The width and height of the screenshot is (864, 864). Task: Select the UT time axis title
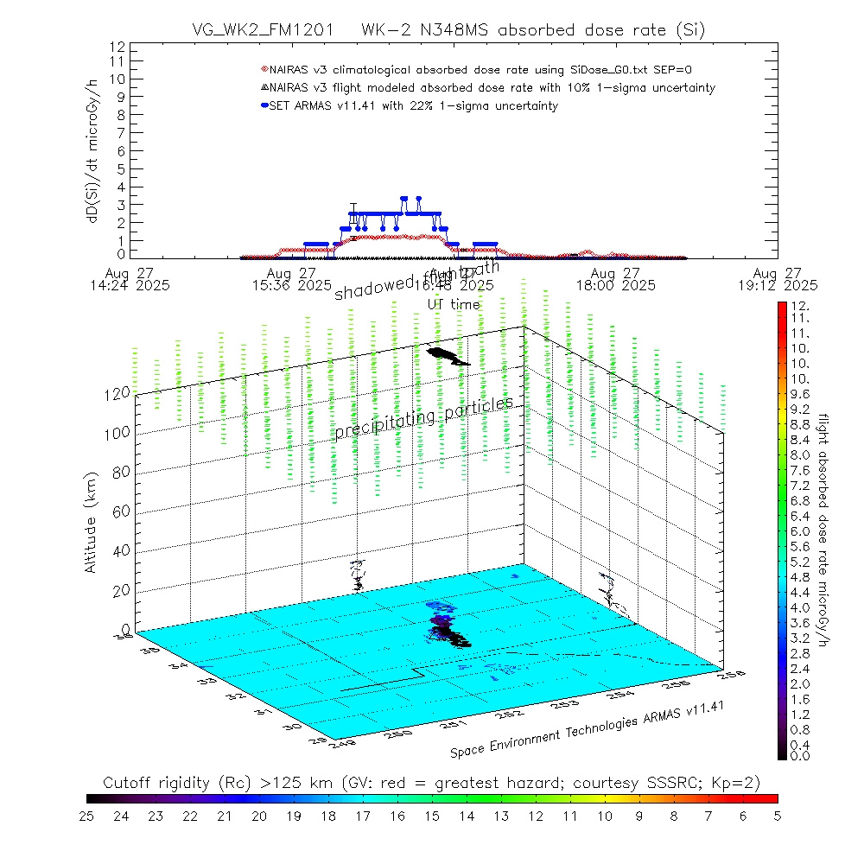point(454,304)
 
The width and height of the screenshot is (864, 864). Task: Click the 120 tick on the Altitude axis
point(119,393)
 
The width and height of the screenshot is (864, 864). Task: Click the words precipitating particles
point(423,416)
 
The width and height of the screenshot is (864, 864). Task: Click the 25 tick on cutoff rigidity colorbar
point(87,816)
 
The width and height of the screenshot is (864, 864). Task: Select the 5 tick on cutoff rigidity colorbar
point(777,816)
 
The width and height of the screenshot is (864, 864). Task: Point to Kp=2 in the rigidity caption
point(740,783)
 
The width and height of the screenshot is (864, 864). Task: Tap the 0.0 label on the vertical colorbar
point(801,756)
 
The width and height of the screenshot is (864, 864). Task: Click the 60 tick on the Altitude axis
point(124,511)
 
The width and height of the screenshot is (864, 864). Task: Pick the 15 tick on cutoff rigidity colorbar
point(432,816)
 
